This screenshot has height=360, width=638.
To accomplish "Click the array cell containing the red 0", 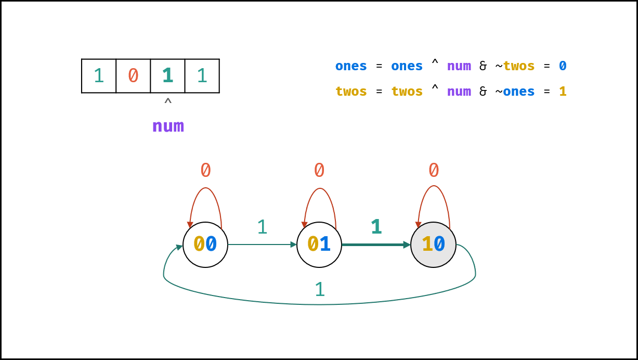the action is (133, 76).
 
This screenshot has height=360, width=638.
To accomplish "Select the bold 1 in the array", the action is (167, 75).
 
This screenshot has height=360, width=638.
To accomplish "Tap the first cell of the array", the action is (99, 76).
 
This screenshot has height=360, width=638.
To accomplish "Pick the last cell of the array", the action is (202, 76).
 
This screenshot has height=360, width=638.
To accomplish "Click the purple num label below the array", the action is (168, 126).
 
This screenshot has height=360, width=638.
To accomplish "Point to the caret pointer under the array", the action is (168, 101).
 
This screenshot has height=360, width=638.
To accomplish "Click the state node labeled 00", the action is (205, 245).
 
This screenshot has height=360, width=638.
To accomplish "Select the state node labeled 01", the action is (319, 245).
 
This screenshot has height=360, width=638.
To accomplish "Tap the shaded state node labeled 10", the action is (433, 245).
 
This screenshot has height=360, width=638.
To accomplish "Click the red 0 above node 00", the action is (205, 170).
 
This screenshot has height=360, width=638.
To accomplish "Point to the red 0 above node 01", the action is (319, 170).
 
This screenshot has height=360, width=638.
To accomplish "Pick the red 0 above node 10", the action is (434, 170).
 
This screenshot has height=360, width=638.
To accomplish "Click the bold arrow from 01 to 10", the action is (376, 245).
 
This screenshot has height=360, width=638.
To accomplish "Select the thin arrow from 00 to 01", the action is (262, 245).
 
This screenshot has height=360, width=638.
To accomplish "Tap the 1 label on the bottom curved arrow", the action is (320, 289).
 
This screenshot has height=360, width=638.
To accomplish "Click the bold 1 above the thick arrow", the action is (376, 227).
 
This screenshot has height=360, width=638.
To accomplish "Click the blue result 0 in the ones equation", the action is (563, 66).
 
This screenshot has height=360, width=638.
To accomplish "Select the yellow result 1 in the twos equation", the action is (563, 92).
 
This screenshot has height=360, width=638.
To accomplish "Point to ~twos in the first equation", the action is (515, 66).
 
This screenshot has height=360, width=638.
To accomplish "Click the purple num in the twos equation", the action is (459, 92).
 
